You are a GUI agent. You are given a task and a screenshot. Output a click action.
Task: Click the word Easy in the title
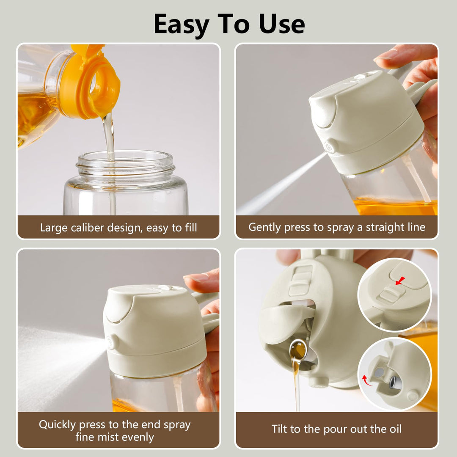tap(182, 25)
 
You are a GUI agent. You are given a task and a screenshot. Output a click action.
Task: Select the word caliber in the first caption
tap(85, 228)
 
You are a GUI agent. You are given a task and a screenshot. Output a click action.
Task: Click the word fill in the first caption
tap(190, 228)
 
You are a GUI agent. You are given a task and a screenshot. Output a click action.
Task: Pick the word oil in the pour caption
tap(394, 429)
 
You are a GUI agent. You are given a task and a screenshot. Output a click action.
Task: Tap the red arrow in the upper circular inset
tap(400, 281)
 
